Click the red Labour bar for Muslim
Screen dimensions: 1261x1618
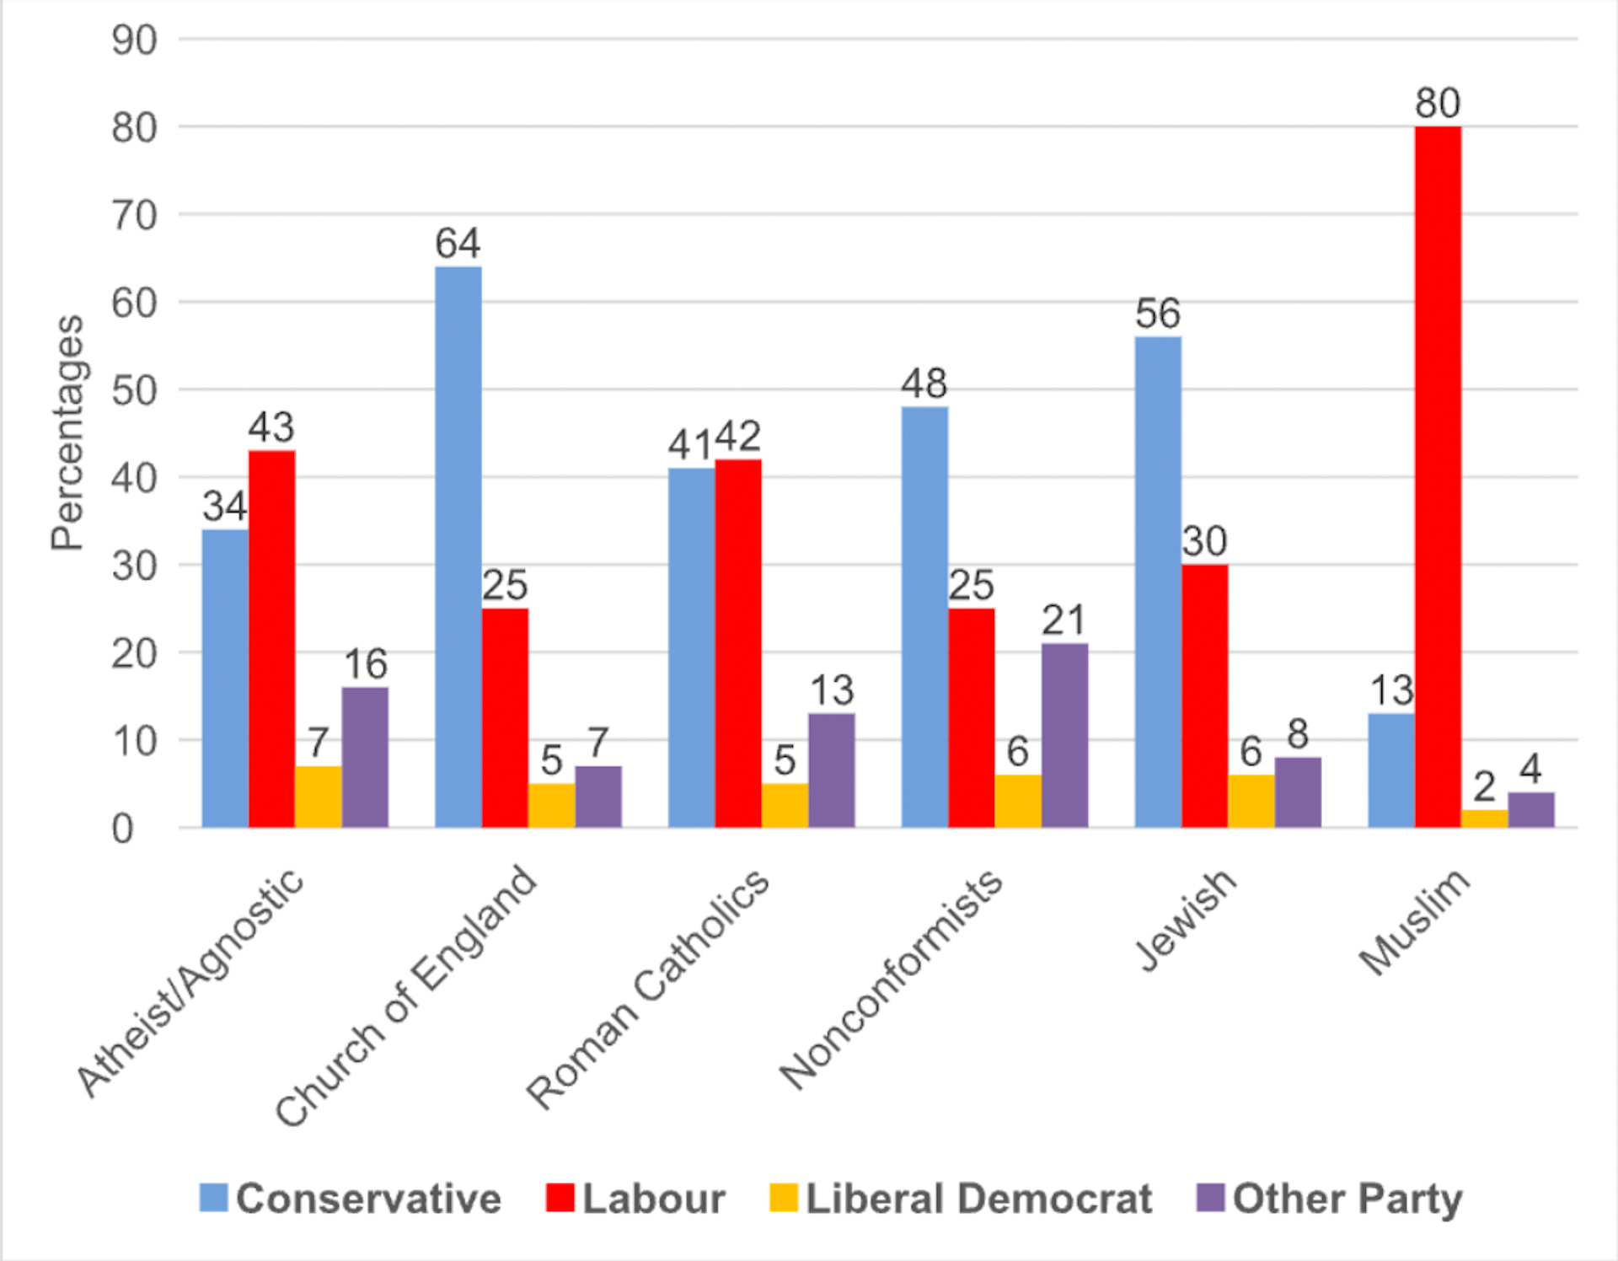click(x=1438, y=476)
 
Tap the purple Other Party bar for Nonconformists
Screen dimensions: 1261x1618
click(x=1064, y=735)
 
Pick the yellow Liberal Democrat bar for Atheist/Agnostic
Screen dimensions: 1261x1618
click(x=318, y=797)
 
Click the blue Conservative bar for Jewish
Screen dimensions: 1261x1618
click(x=1158, y=582)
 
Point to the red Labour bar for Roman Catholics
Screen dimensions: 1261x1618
click(x=738, y=643)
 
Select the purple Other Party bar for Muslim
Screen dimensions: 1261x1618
click(x=1531, y=810)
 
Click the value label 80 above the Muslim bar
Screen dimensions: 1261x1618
click(x=1438, y=104)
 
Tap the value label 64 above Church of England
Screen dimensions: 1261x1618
click(x=458, y=244)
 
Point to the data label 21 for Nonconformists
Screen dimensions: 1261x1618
click(x=1063, y=621)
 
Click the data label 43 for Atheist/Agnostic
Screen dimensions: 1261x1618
click(x=271, y=427)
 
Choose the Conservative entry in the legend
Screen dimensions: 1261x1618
click(x=351, y=1198)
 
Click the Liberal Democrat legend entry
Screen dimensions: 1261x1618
click(x=961, y=1198)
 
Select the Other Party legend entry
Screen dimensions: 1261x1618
click(x=1330, y=1198)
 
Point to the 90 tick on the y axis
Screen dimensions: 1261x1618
click(x=134, y=40)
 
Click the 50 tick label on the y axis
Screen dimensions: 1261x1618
click(x=134, y=391)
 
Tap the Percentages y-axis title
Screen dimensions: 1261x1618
click(x=67, y=432)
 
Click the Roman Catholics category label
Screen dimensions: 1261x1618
click(x=648, y=988)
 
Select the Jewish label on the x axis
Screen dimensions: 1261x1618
click(x=1186, y=919)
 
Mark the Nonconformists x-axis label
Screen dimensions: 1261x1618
click(x=891, y=978)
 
